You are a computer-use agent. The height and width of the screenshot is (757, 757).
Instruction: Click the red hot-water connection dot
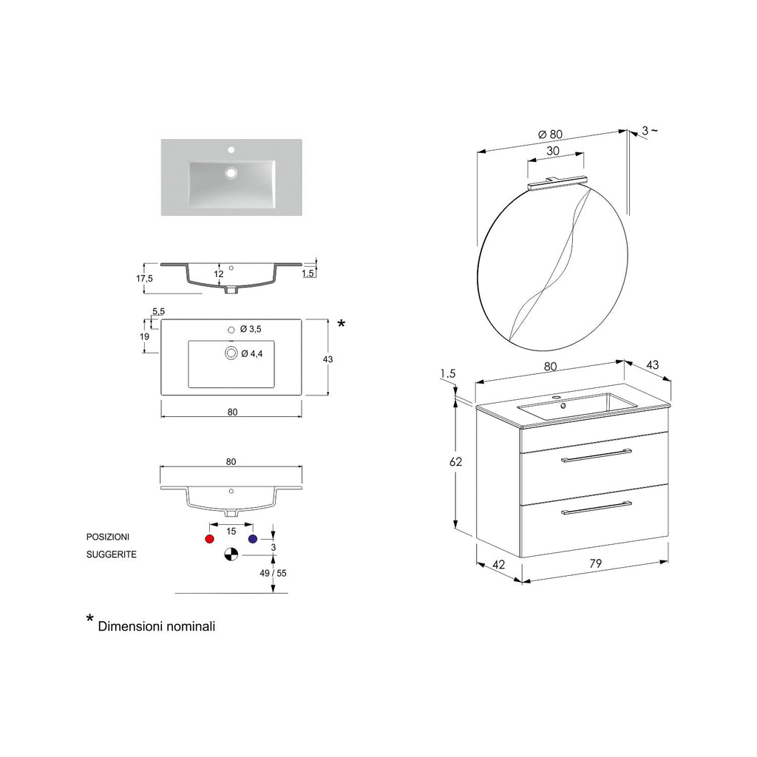(x=209, y=539)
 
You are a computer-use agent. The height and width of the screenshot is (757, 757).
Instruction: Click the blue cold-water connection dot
(x=253, y=539)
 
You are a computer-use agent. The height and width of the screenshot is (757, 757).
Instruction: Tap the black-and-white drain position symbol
(x=231, y=554)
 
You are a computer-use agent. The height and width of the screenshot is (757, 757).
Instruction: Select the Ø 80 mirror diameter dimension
(x=551, y=135)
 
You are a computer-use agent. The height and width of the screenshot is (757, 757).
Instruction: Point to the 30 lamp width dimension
(x=552, y=151)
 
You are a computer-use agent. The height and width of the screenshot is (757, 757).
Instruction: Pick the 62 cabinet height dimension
(x=456, y=462)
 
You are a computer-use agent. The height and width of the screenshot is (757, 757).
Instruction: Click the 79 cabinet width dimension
(x=596, y=563)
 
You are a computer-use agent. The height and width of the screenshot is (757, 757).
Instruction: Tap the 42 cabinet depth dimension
(x=498, y=565)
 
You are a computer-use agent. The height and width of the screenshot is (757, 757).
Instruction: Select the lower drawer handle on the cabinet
(x=596, y=506)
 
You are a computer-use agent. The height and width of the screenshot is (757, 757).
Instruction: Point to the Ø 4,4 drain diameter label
(x=252, y=354)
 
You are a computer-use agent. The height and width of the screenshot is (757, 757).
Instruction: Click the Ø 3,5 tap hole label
(x=251, y=327)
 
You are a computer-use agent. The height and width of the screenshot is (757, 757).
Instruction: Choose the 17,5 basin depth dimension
(x=144, y=279)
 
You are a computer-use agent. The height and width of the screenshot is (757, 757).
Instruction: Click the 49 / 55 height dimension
(x=274, y=573)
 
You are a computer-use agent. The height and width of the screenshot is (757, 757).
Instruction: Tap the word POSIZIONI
(x=108, y=537)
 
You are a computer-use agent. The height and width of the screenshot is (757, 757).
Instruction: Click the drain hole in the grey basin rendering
(x=231, y=174)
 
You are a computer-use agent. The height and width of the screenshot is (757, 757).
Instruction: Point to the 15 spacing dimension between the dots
(x=231, y=531)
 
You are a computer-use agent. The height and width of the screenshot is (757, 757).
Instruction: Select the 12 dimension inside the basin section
(x=219, y=274)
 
